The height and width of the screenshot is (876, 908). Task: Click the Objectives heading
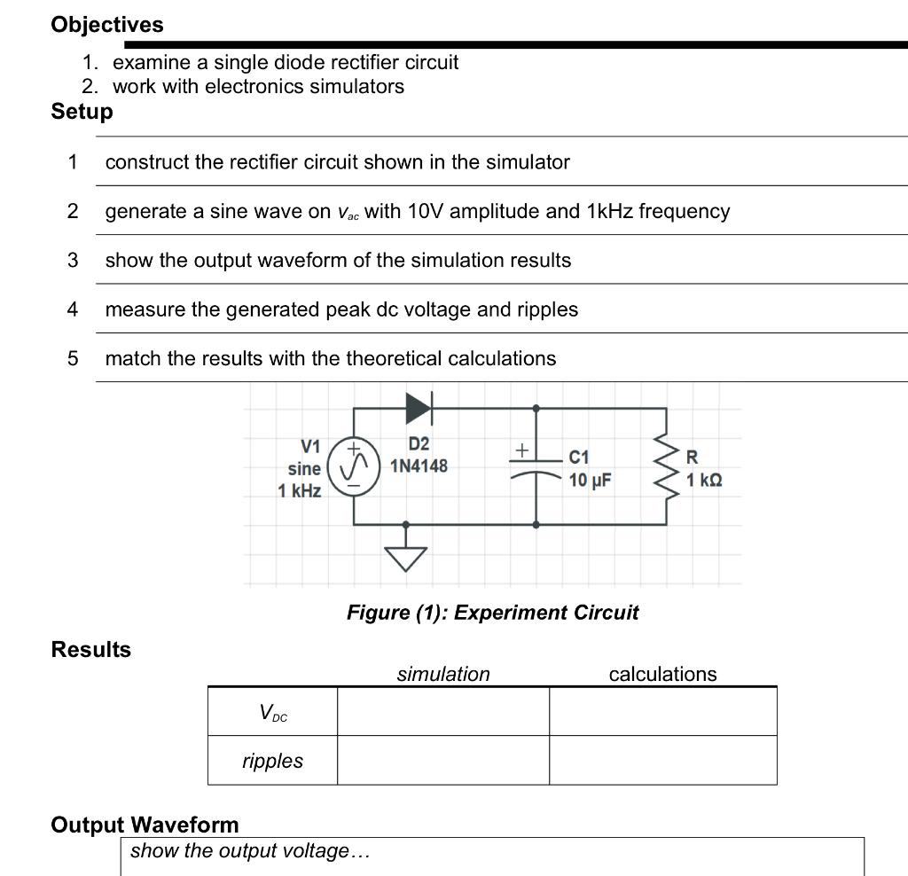click(107, 25)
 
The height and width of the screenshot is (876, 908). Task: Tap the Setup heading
click(82, 112)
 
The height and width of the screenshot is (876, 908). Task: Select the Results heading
click(90, 650)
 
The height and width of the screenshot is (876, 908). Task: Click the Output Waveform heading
click(145, 825)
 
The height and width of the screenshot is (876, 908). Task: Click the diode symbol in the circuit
click(418, 408)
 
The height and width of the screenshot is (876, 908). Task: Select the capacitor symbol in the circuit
click(535, 466)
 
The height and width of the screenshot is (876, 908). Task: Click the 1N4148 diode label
click(419, 465)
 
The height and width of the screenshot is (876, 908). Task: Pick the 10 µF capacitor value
click(590, 481)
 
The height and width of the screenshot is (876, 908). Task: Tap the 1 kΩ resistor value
click(704, 480)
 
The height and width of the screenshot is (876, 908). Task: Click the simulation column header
click(442, 674)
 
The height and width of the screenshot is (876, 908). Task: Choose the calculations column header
click(662, 674)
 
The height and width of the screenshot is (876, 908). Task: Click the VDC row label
click(272, 712)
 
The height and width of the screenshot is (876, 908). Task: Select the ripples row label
click(272, 761)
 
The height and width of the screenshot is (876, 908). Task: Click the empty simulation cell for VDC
click(442, 711)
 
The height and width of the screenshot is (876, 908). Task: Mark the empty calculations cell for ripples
click(662, 761)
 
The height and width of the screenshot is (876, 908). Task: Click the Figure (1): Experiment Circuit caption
click(492, 613)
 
